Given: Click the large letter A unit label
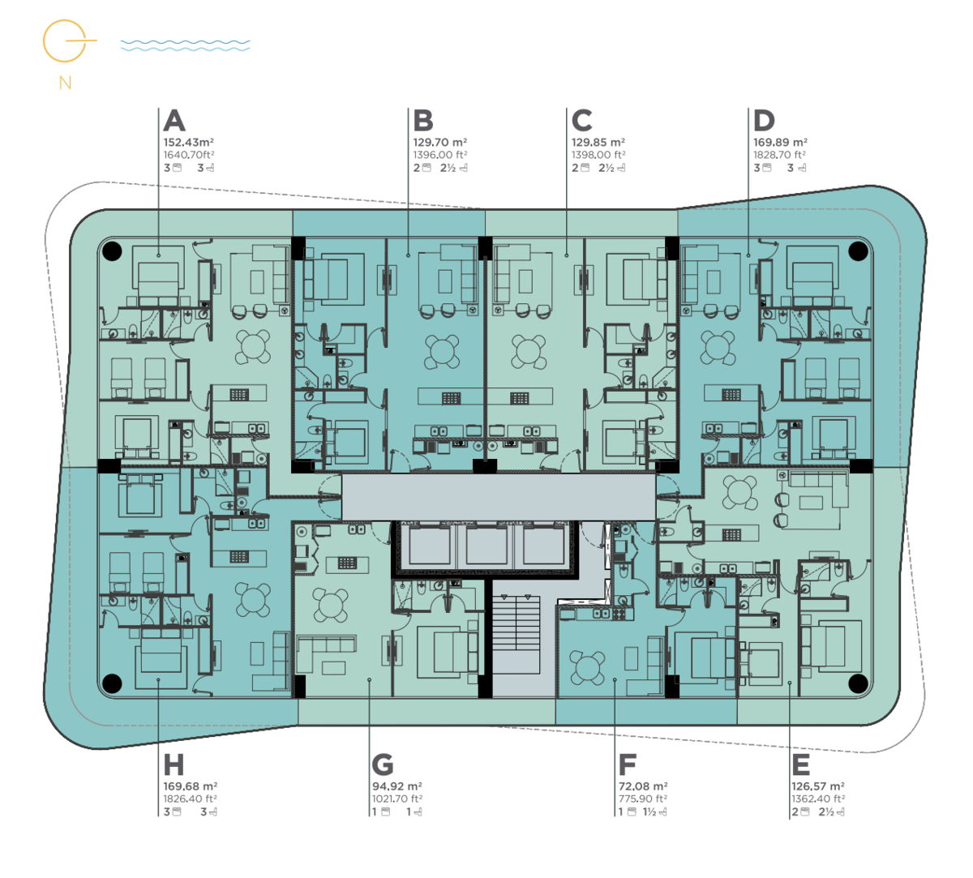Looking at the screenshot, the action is coord(174,120).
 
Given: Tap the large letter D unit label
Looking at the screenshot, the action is coord(764,120).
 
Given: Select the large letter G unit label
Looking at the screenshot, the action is coord(383,765).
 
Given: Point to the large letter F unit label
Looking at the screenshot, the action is coord(627,765).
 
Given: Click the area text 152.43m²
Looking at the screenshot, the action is coord(189,142).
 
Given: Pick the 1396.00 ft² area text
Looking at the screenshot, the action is coord(440,155).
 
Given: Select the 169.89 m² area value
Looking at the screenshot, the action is coord(780,142).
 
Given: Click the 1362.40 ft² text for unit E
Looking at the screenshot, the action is coord(818,799).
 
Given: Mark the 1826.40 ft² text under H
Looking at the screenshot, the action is coord(190,799).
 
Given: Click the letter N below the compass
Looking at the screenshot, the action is coord(65,83).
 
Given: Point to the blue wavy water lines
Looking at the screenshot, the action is coord(186,45).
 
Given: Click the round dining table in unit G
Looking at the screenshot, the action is coord(330,605).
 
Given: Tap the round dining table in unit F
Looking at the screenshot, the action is coord(587,667).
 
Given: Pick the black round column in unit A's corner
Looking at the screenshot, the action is coord(112,251).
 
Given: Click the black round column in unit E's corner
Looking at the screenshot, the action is coord(858,683).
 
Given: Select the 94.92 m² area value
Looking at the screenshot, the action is coord(396,786).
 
